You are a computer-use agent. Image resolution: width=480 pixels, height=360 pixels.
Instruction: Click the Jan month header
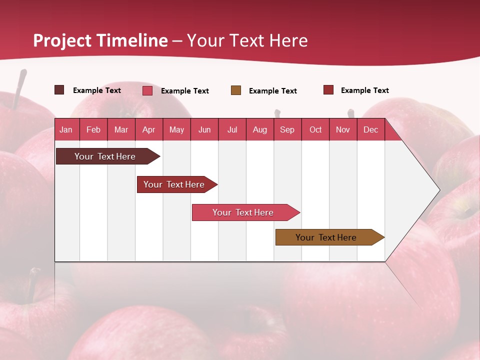coord(66,130)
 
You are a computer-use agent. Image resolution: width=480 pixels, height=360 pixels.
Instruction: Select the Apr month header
coord(149,130)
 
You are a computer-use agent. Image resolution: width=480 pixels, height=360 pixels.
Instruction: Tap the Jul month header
coord(232,130)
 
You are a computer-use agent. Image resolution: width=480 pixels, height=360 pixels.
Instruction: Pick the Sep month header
coord(287,130)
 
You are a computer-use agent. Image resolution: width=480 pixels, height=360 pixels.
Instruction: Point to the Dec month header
coord(370,130)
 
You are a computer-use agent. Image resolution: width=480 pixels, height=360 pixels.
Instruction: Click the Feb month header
coord(93,130)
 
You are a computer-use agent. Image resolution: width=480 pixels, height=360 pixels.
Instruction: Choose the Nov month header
coord(343,130)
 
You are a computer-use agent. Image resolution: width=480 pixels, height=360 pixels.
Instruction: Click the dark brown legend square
coord(59,90)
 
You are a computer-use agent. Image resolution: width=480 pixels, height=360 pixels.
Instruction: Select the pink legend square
coord(147,90)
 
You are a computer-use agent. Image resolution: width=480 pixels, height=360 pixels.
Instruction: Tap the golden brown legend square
coord(236,90)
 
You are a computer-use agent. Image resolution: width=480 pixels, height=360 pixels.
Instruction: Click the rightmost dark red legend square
coord(328,90)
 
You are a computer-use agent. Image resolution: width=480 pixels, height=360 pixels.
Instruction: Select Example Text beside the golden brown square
coord(273,91)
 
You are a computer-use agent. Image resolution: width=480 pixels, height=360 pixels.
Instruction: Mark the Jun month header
coord(204,130)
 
